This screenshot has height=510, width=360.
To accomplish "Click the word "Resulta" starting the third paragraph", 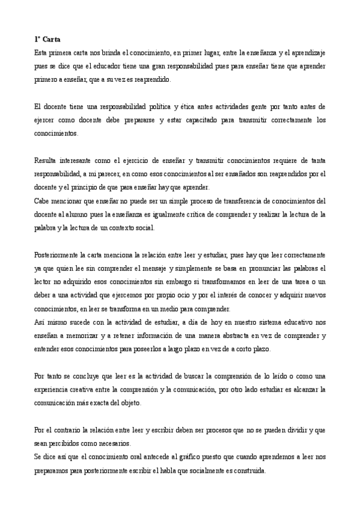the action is pyautogui.click(x=44, y=161).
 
